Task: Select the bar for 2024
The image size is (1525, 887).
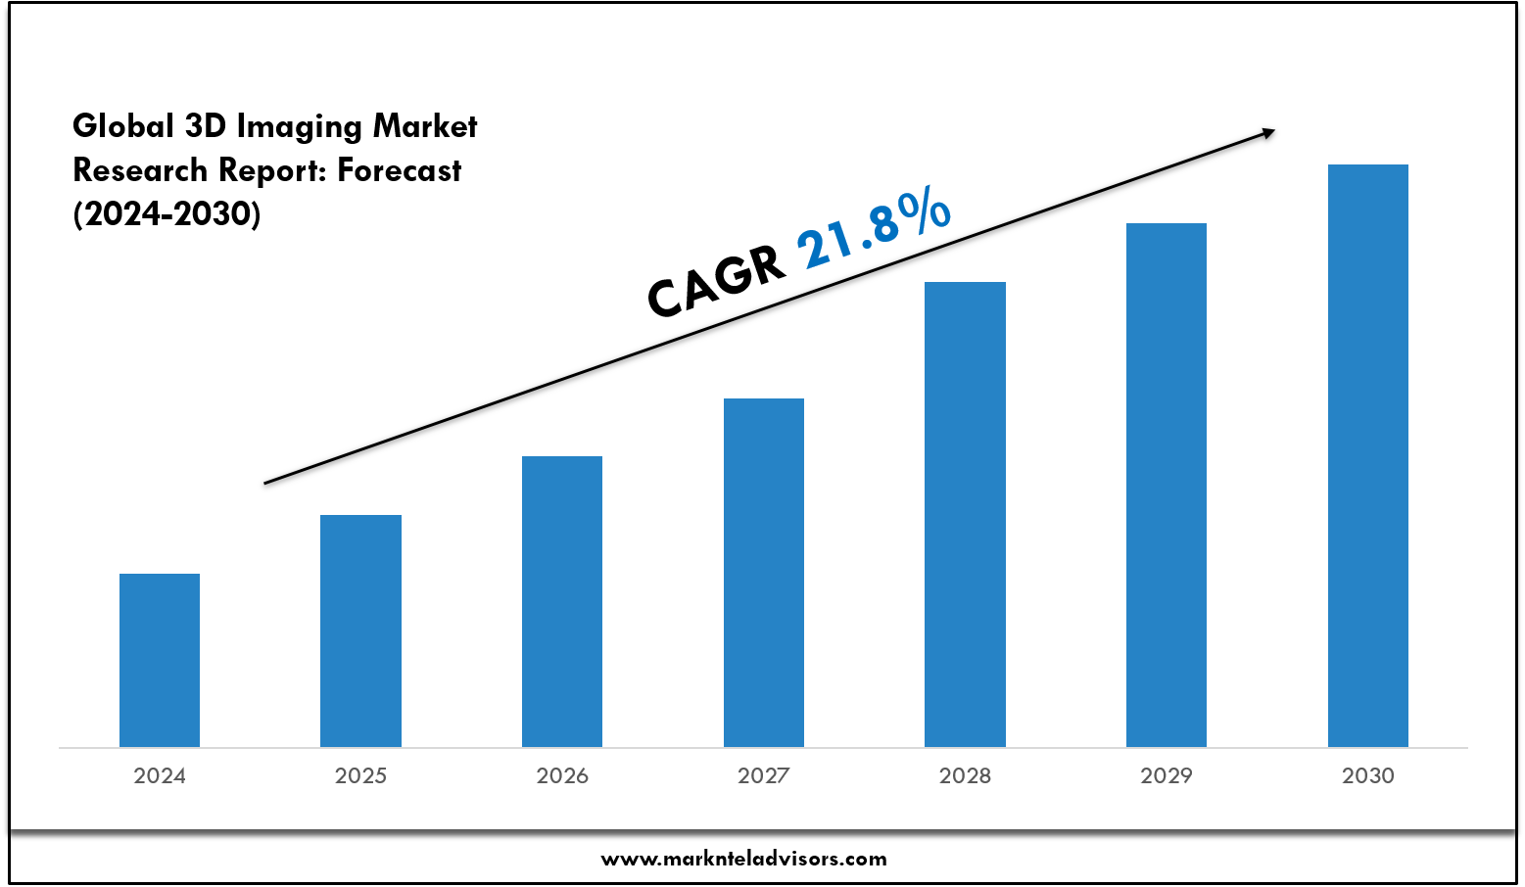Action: coord(160,660)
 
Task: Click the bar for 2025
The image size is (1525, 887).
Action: coord(360,630)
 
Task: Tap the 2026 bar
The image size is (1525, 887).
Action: coord(562,601)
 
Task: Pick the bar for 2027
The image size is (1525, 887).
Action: coord(764,573)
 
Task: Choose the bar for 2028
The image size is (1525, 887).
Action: coord(965,514)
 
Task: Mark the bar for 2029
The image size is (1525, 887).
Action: coord(1167,485)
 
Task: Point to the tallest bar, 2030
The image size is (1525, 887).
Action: coord(1368,455)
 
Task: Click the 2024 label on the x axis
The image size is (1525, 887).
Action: coord(160,776)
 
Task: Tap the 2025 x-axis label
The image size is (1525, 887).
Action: coord(360,776)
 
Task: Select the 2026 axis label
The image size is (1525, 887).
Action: coord(562,776)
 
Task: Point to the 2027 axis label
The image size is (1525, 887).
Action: coord(764,776)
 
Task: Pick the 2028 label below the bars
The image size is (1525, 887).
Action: coord(965,776)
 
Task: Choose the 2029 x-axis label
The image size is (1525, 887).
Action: coord(1167,776)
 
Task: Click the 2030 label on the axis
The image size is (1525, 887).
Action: coord(1368,776)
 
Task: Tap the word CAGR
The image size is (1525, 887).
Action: coord(716,283)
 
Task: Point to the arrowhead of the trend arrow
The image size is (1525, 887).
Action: coord(1268,132)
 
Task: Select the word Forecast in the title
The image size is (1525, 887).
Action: coord(400,171)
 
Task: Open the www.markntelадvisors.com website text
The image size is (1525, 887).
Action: coord(743,860)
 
